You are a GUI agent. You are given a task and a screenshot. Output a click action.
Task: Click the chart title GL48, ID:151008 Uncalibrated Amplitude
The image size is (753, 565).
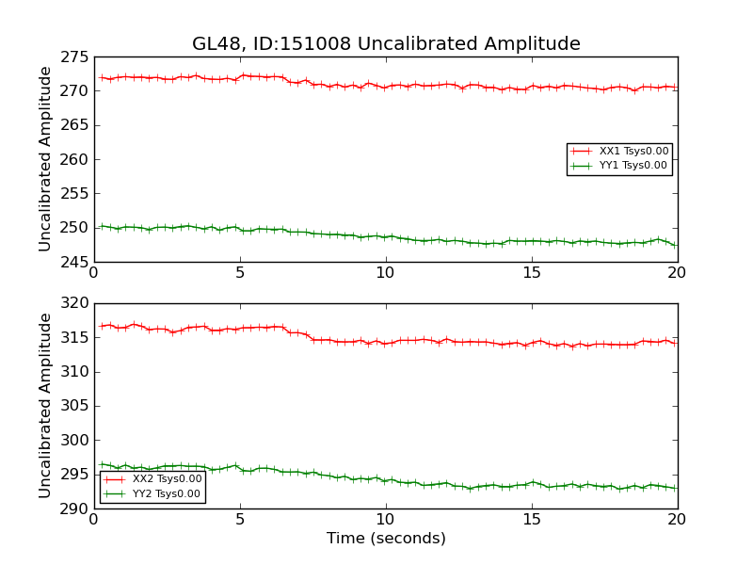(386, 44)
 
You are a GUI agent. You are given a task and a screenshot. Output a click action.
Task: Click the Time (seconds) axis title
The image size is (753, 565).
(386, 539)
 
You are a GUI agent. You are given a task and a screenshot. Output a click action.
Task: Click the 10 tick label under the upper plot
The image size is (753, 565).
(386, 273)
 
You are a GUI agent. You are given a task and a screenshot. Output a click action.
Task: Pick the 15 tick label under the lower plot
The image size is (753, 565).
(532, 520)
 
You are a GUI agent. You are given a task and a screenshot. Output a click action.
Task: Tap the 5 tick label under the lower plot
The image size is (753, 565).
(240, 520)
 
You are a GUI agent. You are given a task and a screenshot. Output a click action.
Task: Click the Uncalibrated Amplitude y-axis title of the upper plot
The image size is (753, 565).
(45, 159)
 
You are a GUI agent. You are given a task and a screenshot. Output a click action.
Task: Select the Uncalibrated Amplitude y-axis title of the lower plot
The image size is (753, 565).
(45, 406)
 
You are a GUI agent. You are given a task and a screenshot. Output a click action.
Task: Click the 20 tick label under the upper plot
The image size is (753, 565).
(678, 273)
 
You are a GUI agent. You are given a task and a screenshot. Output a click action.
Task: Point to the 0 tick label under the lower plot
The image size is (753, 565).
(94, 520)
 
